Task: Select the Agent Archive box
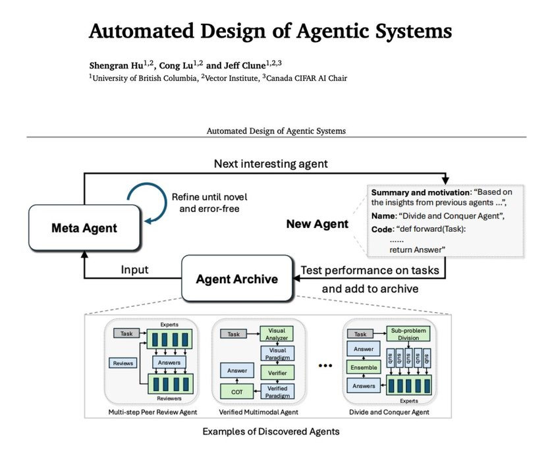click(236, 278)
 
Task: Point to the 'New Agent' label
click(317, 224)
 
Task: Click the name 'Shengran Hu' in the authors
click(113, 67)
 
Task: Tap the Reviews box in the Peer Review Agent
click(123, 363)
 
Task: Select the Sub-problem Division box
click(408, 334)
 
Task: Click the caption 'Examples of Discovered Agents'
click(275, 433)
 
